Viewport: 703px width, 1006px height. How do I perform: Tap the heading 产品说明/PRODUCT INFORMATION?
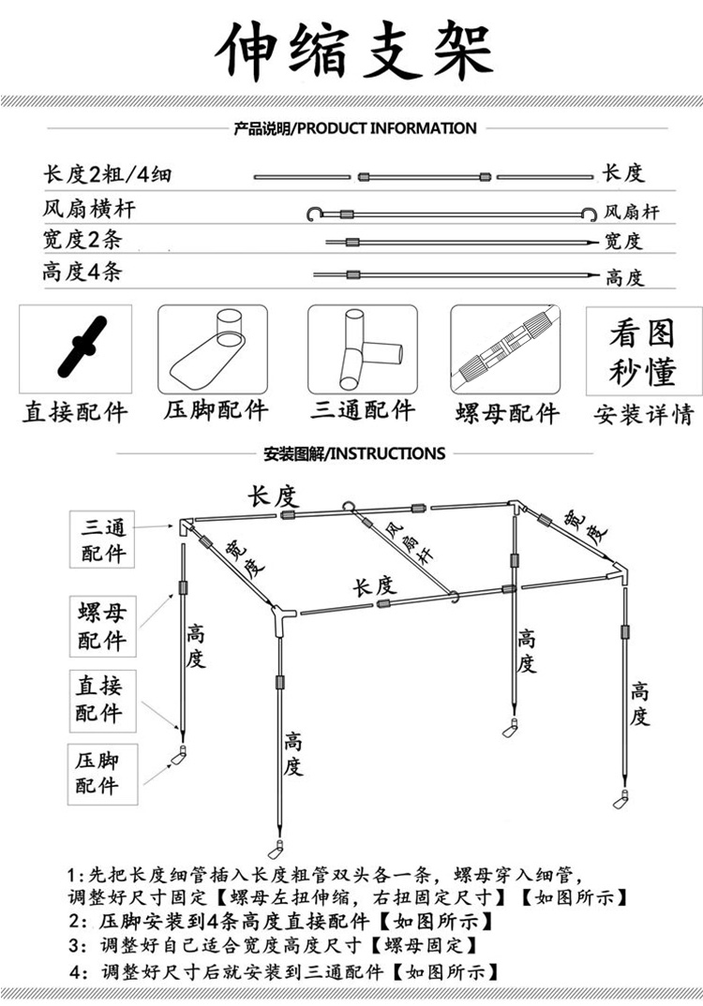coord(354,128)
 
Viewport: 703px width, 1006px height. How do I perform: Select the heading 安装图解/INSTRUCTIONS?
coord(353,453)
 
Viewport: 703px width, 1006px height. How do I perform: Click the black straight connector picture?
coord(80,348)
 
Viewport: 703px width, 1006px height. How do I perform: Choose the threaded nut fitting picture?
coord(507,349)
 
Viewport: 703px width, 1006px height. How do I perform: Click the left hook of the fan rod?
coord(314,214)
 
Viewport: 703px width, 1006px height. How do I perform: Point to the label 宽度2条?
coord(82,240)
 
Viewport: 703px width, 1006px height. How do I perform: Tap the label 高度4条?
coord(82,273)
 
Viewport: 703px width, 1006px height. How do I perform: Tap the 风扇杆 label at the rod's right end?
coord(632,213)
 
